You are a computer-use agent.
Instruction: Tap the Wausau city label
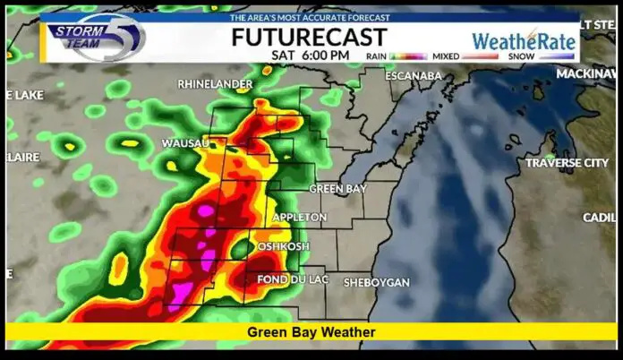[185, 143]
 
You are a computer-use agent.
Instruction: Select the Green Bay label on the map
[338, 189]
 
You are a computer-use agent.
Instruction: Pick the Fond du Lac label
[289, 280]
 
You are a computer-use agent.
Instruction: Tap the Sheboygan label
[376, 282]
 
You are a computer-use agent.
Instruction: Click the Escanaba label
[414, 75]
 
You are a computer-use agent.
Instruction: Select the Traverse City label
[567, 163]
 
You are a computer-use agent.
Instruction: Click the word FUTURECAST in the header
[309, 37]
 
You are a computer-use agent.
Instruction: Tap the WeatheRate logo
[524, 40]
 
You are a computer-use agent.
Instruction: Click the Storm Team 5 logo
[96, 38]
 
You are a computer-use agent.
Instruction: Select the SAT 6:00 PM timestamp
[311, 55]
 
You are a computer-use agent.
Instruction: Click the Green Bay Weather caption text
[311, 332]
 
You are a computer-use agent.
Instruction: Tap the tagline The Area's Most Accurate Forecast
[311, 17]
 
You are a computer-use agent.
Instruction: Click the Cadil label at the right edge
[599, 218]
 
